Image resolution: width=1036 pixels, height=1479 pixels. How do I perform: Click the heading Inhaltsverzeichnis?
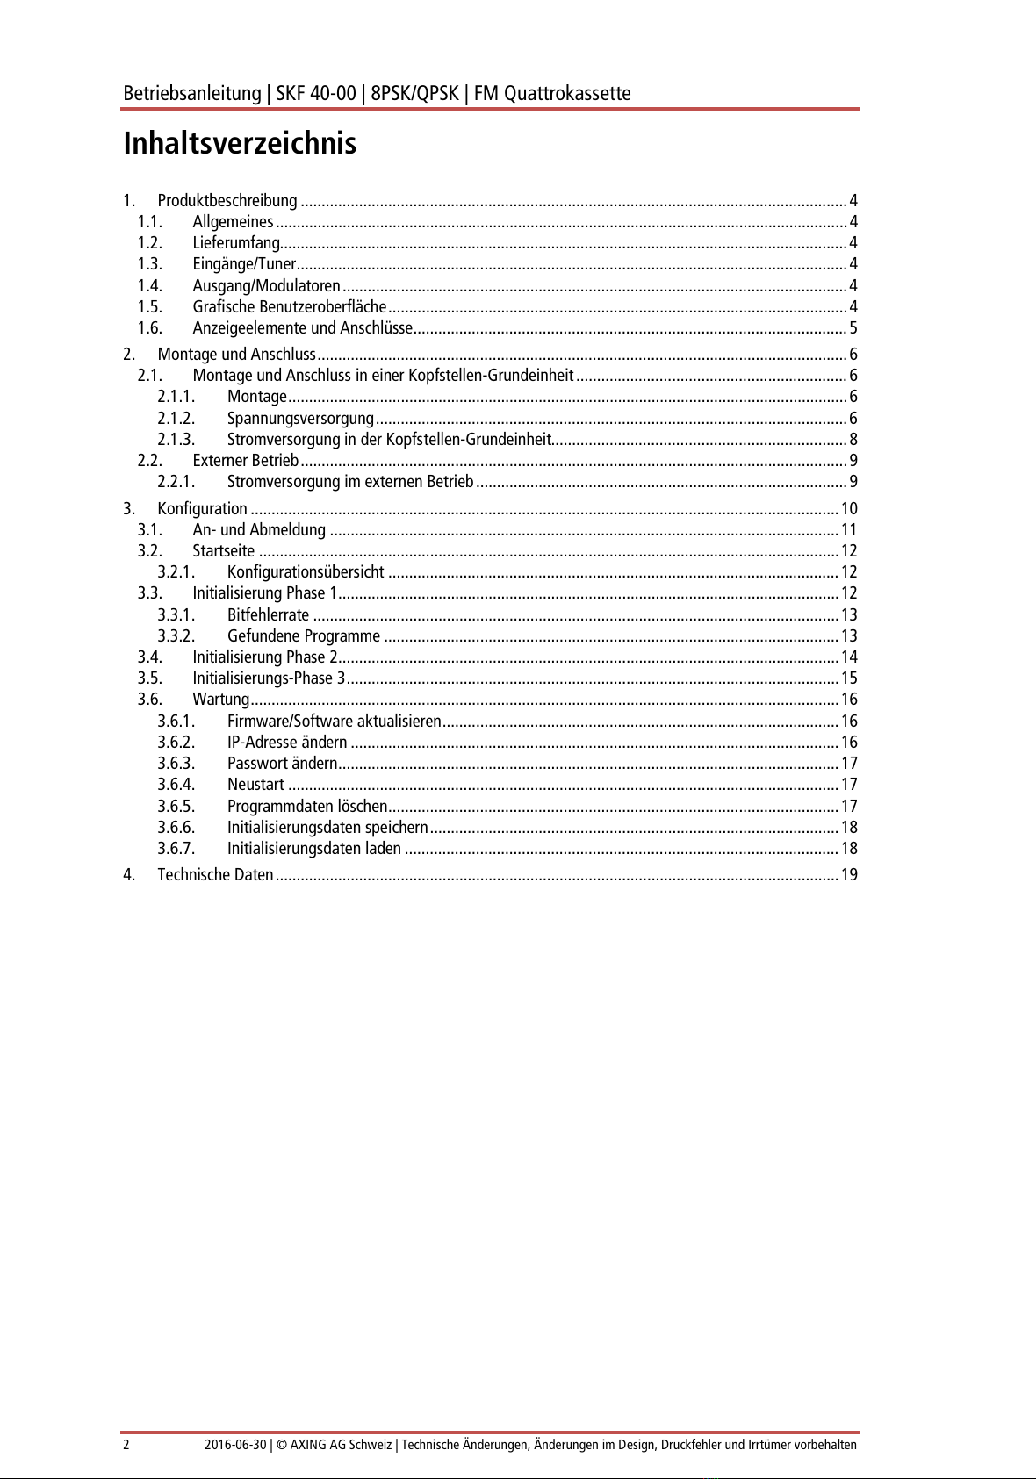point(240,143)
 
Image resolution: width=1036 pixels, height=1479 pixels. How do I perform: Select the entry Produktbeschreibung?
point(227,201)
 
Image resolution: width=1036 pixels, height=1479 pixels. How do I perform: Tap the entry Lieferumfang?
point(236,243)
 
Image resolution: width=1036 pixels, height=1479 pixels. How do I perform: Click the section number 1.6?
point(150,328)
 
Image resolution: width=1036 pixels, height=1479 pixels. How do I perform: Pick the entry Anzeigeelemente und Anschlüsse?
point(302,328)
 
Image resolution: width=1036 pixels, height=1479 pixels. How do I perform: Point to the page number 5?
point(853,328)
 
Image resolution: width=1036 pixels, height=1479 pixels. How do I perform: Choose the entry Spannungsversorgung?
point(300,419)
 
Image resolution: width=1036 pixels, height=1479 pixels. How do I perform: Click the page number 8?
point(853,440)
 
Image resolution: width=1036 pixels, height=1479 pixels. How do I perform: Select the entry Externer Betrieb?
point(246,461)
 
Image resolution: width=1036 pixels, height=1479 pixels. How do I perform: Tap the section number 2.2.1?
point(176,482)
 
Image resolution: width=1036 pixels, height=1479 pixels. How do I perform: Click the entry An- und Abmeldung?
point(259,530)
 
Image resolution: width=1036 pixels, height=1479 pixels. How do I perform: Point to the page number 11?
point(848,530)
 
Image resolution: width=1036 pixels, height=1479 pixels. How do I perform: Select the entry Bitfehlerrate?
point(268,615)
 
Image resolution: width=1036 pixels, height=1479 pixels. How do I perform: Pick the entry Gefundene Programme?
point(304,636)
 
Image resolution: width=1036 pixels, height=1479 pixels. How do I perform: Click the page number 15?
point(848,678)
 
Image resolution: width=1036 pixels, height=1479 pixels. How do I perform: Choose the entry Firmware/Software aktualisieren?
point(334,722)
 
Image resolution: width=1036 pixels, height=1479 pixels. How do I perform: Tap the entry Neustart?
point(255,785)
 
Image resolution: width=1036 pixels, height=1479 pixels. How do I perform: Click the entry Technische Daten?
point(215,875)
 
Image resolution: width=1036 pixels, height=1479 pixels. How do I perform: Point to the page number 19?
point(848,875)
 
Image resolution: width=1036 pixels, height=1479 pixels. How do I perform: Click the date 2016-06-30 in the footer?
point(234,1445)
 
